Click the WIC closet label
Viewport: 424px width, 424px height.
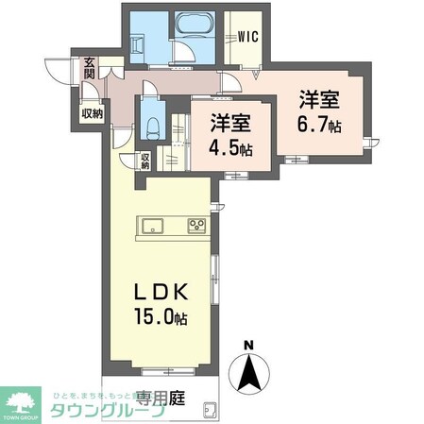(249, 38)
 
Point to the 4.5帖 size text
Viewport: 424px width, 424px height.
(230, 148)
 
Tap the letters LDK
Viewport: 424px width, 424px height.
(157, 291)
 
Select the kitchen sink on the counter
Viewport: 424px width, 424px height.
(153, 225)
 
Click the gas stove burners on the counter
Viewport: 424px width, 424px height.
(197, 225)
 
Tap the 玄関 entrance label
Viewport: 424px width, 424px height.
(89, 69)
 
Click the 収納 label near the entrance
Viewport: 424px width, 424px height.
(93, 112)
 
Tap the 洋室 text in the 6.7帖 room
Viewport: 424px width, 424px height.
(320, 99)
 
